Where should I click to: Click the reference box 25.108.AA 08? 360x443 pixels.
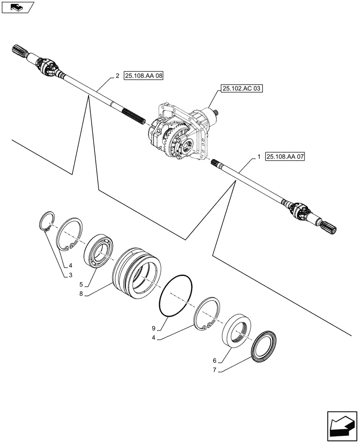click(144, 76)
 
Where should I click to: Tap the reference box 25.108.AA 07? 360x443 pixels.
click(286, 156)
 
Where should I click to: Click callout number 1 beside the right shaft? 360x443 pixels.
click(258, 157)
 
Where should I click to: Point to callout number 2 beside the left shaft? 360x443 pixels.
click(117, 76)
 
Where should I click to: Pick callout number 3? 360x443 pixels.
click(70, 276)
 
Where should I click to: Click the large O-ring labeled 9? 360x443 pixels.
click(176, 296)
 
